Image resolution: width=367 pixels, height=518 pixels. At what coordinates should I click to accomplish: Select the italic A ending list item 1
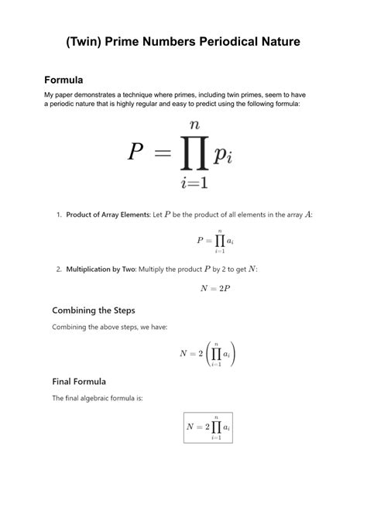coord(308,214)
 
